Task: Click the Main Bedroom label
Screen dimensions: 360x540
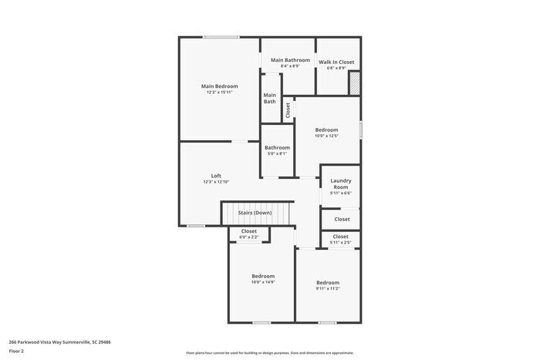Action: [x=219, y=86]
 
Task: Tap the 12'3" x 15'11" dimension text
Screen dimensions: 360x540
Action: [x=219, y=93]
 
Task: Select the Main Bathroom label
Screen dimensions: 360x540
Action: [x=290, y=59]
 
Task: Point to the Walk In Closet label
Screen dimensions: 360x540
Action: [x=336, y=62]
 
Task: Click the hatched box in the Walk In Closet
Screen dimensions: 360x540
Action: [x=355, y=83]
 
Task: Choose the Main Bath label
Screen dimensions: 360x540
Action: [x=270, y=98]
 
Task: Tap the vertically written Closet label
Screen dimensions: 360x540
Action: [x=289, y=110]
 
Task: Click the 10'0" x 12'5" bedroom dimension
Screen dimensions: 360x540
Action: [x=326, y=136]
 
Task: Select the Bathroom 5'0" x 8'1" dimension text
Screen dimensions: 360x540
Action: [x=277, y=153]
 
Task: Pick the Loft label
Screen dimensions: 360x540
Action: [x=216, y=175]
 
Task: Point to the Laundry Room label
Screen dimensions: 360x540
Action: [x=340, y=183]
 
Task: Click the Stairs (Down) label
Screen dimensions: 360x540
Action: [x=254, y=212]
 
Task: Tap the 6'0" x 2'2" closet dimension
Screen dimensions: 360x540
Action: [x=248, y=237]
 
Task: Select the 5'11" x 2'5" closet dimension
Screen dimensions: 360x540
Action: [x=340, y=243]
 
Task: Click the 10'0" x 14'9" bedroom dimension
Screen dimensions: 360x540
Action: [x=263, y=282]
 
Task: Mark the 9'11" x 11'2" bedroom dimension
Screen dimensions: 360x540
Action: [x=327, y=288]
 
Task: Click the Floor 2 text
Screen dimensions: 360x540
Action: [x=16, y=351]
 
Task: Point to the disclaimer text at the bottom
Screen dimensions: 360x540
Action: [x=269, y=352]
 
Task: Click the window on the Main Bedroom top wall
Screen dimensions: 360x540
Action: [x=221, y=37]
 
